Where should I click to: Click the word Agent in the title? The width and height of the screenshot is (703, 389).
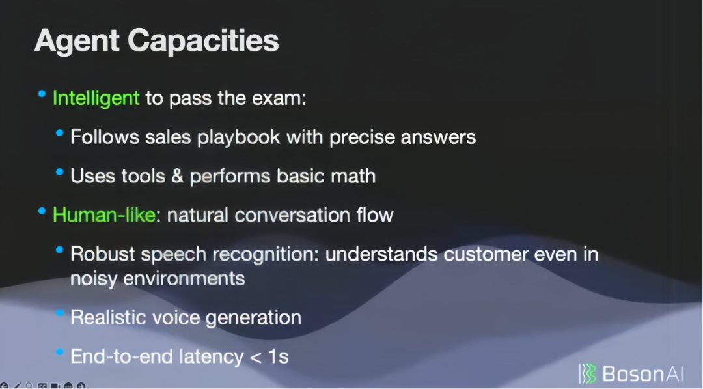coord(77,42)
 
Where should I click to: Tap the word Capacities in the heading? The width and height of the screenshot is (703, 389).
coord(203,42)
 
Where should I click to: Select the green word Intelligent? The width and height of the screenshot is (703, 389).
coord(96,98)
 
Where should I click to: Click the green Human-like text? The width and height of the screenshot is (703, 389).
coord(104,215)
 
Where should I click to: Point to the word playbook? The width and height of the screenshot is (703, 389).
coord(238,137)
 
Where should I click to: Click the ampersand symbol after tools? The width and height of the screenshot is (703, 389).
coord(178,176)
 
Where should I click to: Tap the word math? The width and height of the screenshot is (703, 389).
coord(353,176)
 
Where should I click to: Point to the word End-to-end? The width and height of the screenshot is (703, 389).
coord(122,356)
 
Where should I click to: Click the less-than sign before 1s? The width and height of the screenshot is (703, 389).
coord(256,357)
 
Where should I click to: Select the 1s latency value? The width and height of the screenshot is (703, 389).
coord(278,356)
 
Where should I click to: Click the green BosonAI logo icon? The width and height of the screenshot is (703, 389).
coord(587,374)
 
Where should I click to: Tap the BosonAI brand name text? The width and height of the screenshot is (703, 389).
coord(642,374)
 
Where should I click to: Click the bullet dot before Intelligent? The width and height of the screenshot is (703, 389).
coord(42,94)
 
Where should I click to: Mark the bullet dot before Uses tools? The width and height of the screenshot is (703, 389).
coord(60,171)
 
